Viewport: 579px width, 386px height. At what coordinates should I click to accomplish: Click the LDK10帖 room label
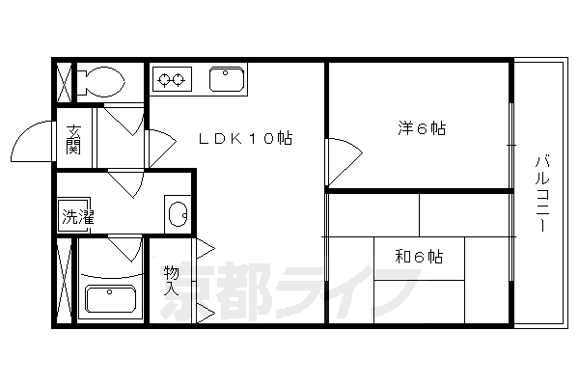(x=245, y=138)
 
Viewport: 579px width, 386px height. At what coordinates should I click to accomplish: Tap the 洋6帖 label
(x=422, y=128)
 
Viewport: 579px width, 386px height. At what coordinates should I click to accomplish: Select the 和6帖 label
(x=419, y=256)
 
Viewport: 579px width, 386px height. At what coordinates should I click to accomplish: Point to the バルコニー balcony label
(x=542, y=194)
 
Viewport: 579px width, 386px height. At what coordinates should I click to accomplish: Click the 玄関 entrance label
(x=73, y=140)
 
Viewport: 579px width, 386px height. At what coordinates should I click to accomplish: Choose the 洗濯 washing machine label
(x=78, y=217)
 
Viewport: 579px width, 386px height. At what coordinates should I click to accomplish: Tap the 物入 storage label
(x=171, y=280)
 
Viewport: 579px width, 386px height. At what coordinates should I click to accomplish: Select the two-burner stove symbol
(x=172, y=79)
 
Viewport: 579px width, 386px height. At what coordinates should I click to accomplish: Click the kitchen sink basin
(x=227, y=79)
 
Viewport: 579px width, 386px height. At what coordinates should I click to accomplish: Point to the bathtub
(x=110, y=299)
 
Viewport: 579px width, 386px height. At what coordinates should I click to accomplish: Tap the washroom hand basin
(x=178, y=214)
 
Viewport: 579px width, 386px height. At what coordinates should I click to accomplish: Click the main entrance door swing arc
(x=33, y=142)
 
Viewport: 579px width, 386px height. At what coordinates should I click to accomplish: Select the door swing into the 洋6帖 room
(x=345, y=162)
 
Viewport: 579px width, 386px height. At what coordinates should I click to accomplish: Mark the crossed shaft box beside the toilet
(x=64, y=83)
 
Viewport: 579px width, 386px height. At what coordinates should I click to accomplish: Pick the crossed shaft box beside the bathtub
(x=64, y=281)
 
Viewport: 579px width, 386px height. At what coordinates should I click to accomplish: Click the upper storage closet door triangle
(x=206, y=249)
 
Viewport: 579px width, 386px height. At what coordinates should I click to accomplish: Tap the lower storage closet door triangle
(x=206, y=314)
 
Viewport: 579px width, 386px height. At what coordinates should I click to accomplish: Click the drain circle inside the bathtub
(x=109, y=292)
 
